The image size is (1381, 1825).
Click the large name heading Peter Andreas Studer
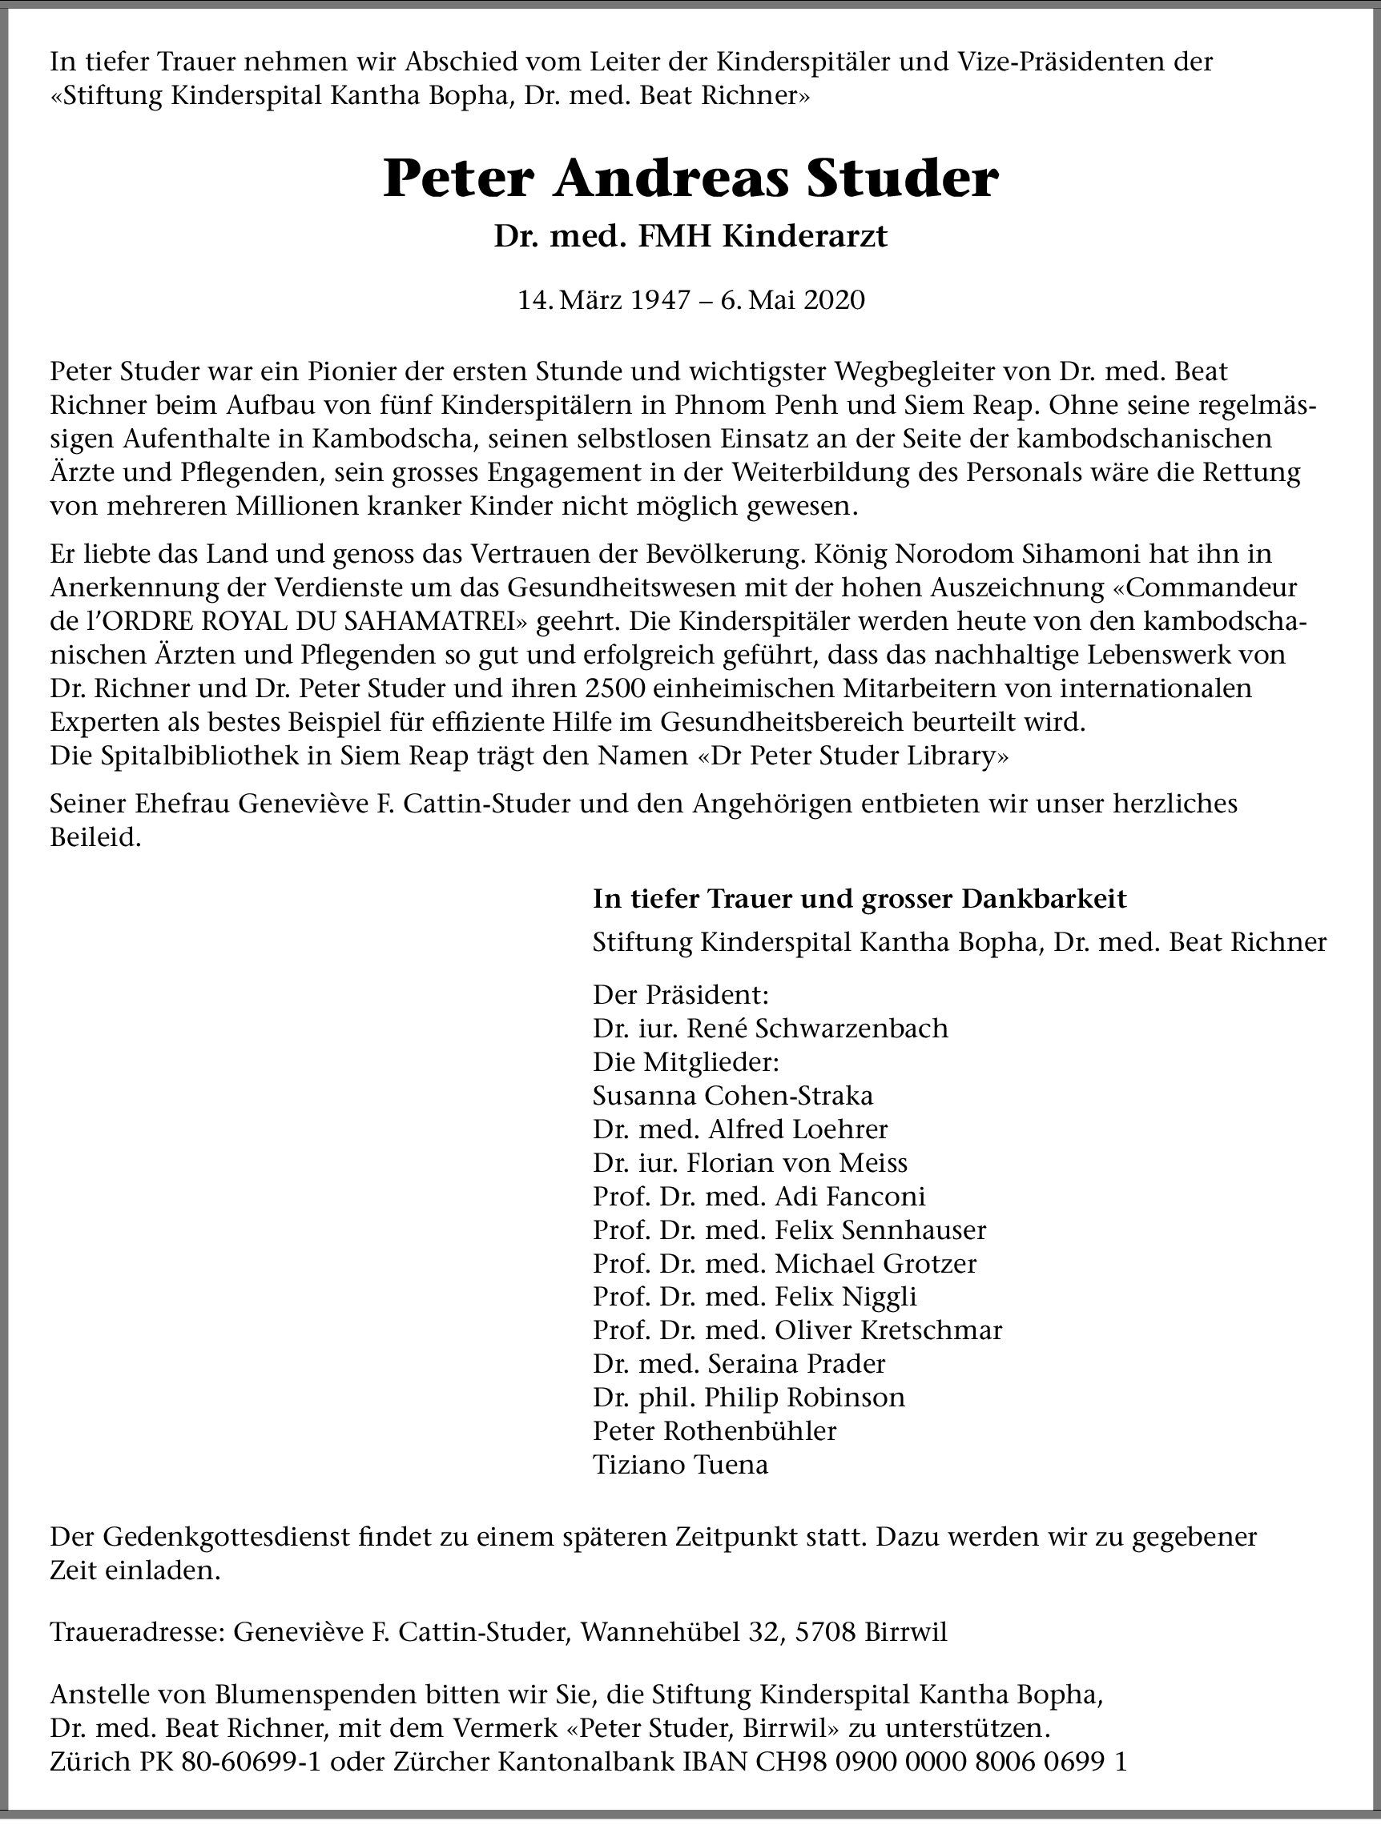(x=690, y=179)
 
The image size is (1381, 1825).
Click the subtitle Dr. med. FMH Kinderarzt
(x=690, y=237)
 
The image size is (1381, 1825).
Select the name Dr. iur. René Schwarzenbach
(x=770, y=1028)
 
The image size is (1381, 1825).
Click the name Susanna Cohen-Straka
(x=732, y=1096)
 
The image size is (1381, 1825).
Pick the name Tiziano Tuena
(x=680, y=1465)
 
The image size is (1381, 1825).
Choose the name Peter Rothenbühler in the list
(x=714, y=1430)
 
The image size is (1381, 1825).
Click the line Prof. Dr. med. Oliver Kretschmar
(x=796, y=1330)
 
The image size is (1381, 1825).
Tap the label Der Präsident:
(x=680, y=994)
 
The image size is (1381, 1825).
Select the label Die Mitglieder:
(x=685, y=1062)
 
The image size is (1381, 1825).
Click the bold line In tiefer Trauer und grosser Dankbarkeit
(x=860, y=898)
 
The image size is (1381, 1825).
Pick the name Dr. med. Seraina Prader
(x=739, y=1364)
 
